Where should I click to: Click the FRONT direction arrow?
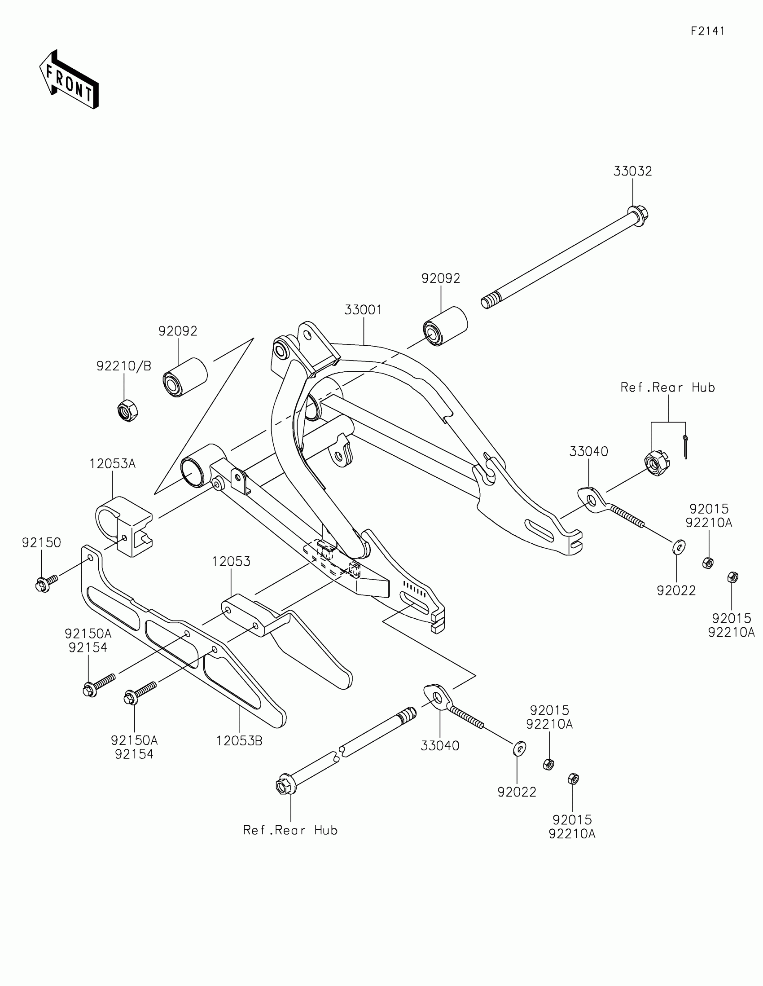69,79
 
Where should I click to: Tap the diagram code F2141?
707,31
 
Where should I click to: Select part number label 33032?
632,172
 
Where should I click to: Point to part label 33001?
363,310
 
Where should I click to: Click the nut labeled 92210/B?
128,410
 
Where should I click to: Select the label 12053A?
112,464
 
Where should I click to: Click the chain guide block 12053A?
124,525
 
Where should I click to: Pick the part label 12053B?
239,741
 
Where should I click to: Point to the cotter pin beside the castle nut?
685,447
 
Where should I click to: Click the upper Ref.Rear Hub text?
667,387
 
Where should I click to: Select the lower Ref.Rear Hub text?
290,830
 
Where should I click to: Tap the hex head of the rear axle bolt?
284,786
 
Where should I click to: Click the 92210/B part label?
123,366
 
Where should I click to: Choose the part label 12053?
231,562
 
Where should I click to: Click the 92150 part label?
41,543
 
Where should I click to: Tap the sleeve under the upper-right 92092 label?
445,326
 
